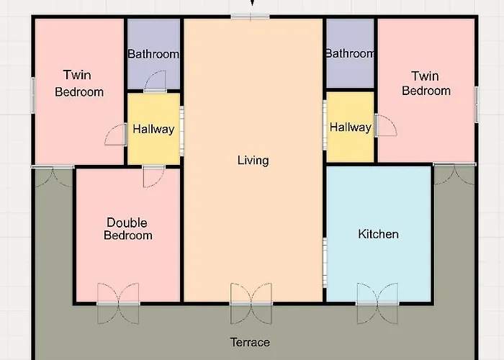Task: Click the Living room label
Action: pos(253,160)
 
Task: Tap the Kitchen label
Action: pos(378,234)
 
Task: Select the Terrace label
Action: pos(250,342)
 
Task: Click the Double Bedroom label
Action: pos(127,229)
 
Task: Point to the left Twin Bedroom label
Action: pos(79,84)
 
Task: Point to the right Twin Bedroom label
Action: pos(426,84)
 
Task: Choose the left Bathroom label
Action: pos(153,54)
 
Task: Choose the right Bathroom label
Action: pos(350,53)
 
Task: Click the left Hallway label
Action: pos(153,129)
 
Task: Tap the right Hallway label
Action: pos(351,127)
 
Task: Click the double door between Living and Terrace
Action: pos(251,303)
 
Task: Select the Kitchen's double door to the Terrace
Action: pos(377,303)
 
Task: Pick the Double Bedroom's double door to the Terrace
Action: pos(118,303)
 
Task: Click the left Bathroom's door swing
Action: pos(155,81)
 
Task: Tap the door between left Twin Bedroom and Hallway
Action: pos(115,135)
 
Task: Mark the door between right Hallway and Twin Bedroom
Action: pos(385,125)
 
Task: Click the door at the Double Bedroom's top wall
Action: pos(153,176)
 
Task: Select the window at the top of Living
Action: pos(250,17)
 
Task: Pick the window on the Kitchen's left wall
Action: pos(325,262)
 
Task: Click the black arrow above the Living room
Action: pos(252,3)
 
